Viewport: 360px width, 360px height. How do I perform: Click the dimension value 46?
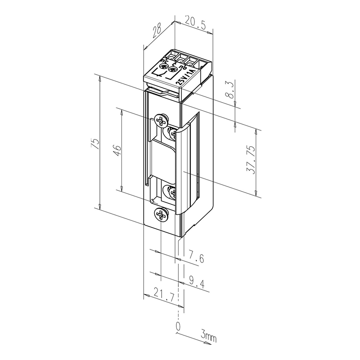click(116, 150)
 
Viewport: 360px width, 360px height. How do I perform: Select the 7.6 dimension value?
click(196, 258)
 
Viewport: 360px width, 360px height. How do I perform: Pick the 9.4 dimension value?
click(196, 283)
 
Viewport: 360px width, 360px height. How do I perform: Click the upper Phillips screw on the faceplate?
click(160, 120)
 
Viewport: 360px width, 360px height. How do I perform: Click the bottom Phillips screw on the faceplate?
click(161, 215)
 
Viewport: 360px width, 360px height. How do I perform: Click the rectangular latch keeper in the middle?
click(163, 160)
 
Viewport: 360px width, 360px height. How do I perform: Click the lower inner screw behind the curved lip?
click(172, 192)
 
